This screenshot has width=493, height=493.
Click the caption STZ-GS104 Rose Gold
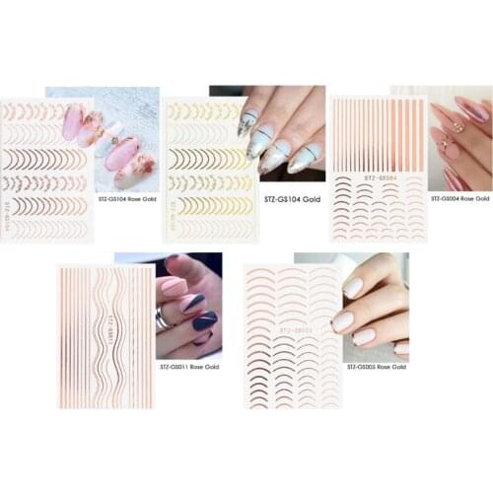(x=127, y=198)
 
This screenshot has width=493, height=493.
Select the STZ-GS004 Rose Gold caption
(x=459, y=198)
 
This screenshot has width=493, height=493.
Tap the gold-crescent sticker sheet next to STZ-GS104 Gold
(x=209, y=169)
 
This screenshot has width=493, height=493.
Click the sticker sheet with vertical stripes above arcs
(x=378, y=169)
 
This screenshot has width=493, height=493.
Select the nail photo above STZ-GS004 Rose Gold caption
(x=458, y=138)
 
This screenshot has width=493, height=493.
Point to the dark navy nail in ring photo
(x=205, y=319)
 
